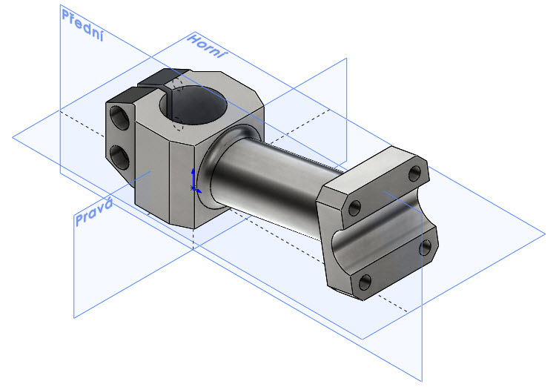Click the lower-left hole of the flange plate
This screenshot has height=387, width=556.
[x=365, y=282]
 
